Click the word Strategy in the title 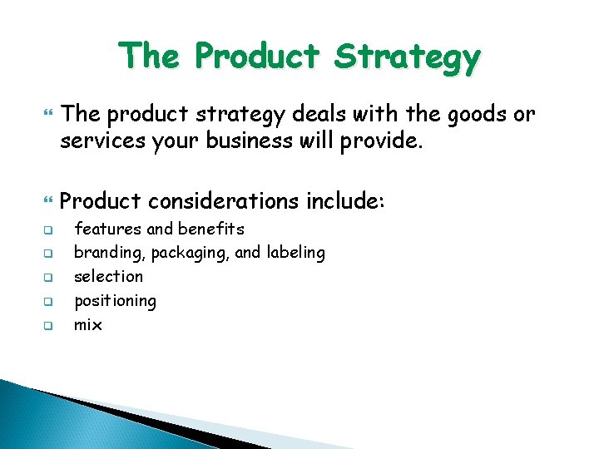[407, 57]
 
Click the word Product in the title [257, 57]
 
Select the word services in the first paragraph [99, 141]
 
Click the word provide [379, 141]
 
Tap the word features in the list [108, 229]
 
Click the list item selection [108, 276]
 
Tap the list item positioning [115, 300]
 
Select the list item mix [88, 324]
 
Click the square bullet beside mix [48, 325]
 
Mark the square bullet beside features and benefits [48, 229]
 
